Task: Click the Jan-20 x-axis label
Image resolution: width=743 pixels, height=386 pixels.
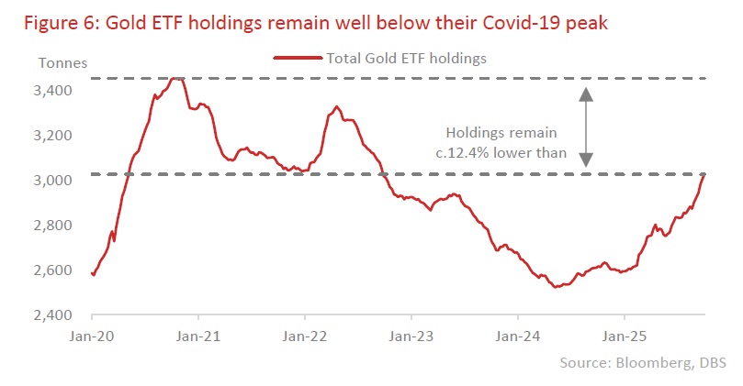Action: coord(93,336)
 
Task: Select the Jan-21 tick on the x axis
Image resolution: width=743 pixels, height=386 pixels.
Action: coord(199,336)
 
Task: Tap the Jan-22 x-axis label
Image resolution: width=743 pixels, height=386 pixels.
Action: coord(306,336)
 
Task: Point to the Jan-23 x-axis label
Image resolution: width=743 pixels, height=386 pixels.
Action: coord(412,336)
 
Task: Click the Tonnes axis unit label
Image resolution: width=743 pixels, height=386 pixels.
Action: coord(62,63)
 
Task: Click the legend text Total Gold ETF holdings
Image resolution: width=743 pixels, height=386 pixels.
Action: coord(406,58)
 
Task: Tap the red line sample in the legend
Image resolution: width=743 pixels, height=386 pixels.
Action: coord(298,58)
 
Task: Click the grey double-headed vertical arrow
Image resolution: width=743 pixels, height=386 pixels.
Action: coord(586,127)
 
